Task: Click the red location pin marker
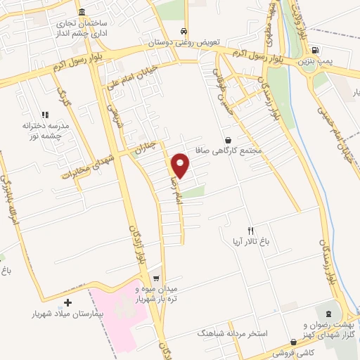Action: click(x=181, y=165)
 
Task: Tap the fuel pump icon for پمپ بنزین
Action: click(x=314, y=50)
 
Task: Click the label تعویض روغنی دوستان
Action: click(x=184, y=42)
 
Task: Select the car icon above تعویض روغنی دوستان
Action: click(x=184, y=31)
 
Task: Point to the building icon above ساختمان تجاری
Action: click(x=82, y=13)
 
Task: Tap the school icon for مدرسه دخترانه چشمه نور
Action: click(x=44, y=114)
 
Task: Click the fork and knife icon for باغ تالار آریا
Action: click(x=250, y=231)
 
